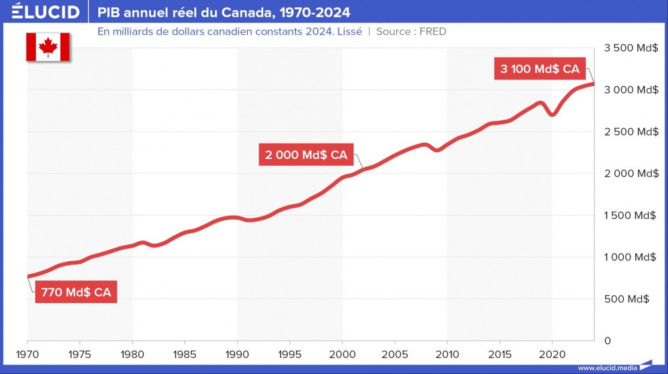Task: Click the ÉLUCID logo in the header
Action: (x=45, y=12)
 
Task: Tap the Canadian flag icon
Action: (x=49, y=47)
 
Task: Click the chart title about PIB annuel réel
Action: (x=224, y=13)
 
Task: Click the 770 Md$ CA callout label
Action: (x=76, y=293)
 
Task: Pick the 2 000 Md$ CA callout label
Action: (x=306, y=155)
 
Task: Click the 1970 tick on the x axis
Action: (x=27, y=353)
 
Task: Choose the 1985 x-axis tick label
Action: (x=185, y=353)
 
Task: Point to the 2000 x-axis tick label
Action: (x=342, y=353)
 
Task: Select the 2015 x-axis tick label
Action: (x=500, y=353)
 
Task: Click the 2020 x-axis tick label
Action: (x=552, y=353)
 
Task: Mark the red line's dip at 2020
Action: (x=552, y=115)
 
